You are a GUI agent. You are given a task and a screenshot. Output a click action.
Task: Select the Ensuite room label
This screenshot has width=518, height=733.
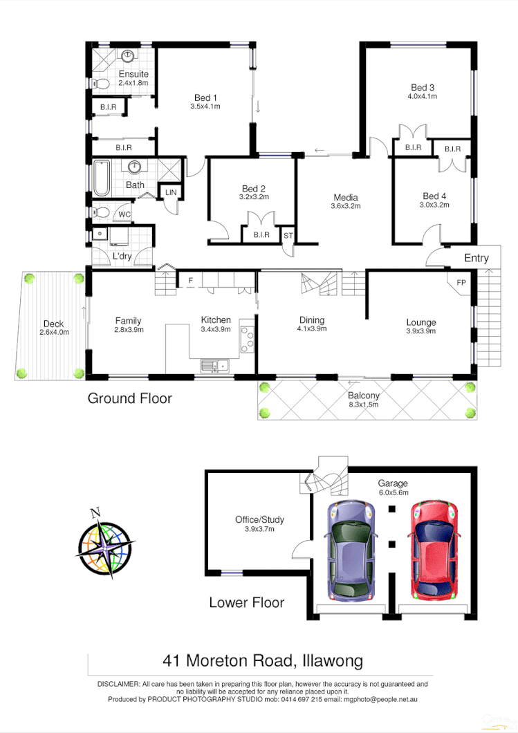click(133, 74)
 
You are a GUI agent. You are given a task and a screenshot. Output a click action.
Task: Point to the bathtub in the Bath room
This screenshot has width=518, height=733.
click(101, 178)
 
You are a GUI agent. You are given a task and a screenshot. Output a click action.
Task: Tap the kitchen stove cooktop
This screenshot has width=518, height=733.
click(246, 338)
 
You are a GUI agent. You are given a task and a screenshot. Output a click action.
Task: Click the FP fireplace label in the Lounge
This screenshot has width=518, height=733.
click(461, 283)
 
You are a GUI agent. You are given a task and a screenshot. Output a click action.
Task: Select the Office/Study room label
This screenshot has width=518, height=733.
click(259, 520)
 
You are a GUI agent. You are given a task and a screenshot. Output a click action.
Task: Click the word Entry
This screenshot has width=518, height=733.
click(476, 258)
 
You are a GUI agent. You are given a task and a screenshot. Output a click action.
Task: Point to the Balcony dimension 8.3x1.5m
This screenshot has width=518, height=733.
click(364, 405)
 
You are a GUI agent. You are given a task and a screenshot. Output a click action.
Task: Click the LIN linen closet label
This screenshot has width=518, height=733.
click(171, 192)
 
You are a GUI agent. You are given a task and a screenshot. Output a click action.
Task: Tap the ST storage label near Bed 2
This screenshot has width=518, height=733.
click(288, 236)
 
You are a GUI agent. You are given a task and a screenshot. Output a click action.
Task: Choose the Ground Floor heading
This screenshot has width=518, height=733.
click(129, 398)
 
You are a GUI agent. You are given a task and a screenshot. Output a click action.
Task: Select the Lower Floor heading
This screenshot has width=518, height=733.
click(246, 602)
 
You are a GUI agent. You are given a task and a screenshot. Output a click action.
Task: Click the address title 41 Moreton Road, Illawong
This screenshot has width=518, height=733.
click(262, 660)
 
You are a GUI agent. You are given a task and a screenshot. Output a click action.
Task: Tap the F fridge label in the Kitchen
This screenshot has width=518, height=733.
click(190, 281)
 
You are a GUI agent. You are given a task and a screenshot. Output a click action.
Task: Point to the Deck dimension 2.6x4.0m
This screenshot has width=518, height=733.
click(54, 332)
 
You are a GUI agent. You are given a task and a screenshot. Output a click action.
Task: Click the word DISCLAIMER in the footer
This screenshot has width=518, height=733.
click(118, 684)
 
